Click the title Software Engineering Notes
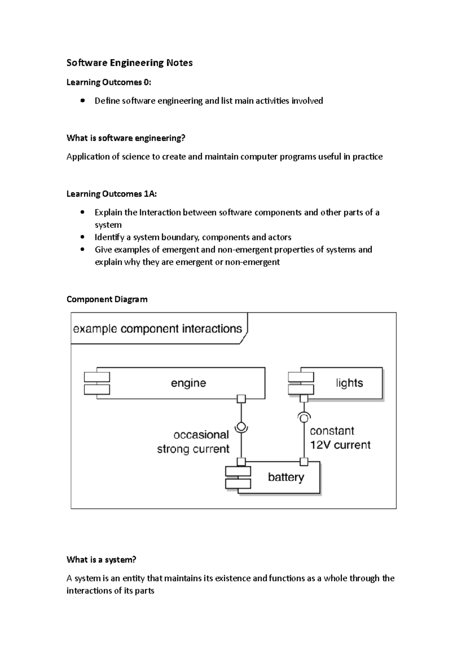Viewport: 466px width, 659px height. click(129, 63)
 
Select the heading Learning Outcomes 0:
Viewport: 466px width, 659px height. click(109, 82)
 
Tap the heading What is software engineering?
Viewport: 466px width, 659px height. click(126, 138)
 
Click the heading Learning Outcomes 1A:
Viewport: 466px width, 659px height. click(111, 194)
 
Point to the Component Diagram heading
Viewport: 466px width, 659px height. click(107, 299)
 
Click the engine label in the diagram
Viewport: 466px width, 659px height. click(188, 383)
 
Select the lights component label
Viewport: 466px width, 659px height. click(349, 383)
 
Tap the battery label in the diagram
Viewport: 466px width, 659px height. click(286, 477)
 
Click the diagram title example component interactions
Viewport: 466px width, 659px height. click(158, 329)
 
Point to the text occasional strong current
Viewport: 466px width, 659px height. click(193, 442)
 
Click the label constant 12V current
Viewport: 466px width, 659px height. click(340, 438)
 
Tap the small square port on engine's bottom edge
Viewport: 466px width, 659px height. click(242, 399)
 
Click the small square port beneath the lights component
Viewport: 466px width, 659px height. click(304, 399)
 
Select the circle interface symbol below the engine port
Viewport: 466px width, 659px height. click(242, 427)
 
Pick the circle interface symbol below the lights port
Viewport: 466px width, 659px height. click(304, 418)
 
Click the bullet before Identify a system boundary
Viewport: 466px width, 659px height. click(82, 237)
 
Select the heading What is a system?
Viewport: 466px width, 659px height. click(101, 560)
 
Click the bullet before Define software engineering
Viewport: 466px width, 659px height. click(82, 101)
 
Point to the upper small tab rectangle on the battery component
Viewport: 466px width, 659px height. click(238, 471)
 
